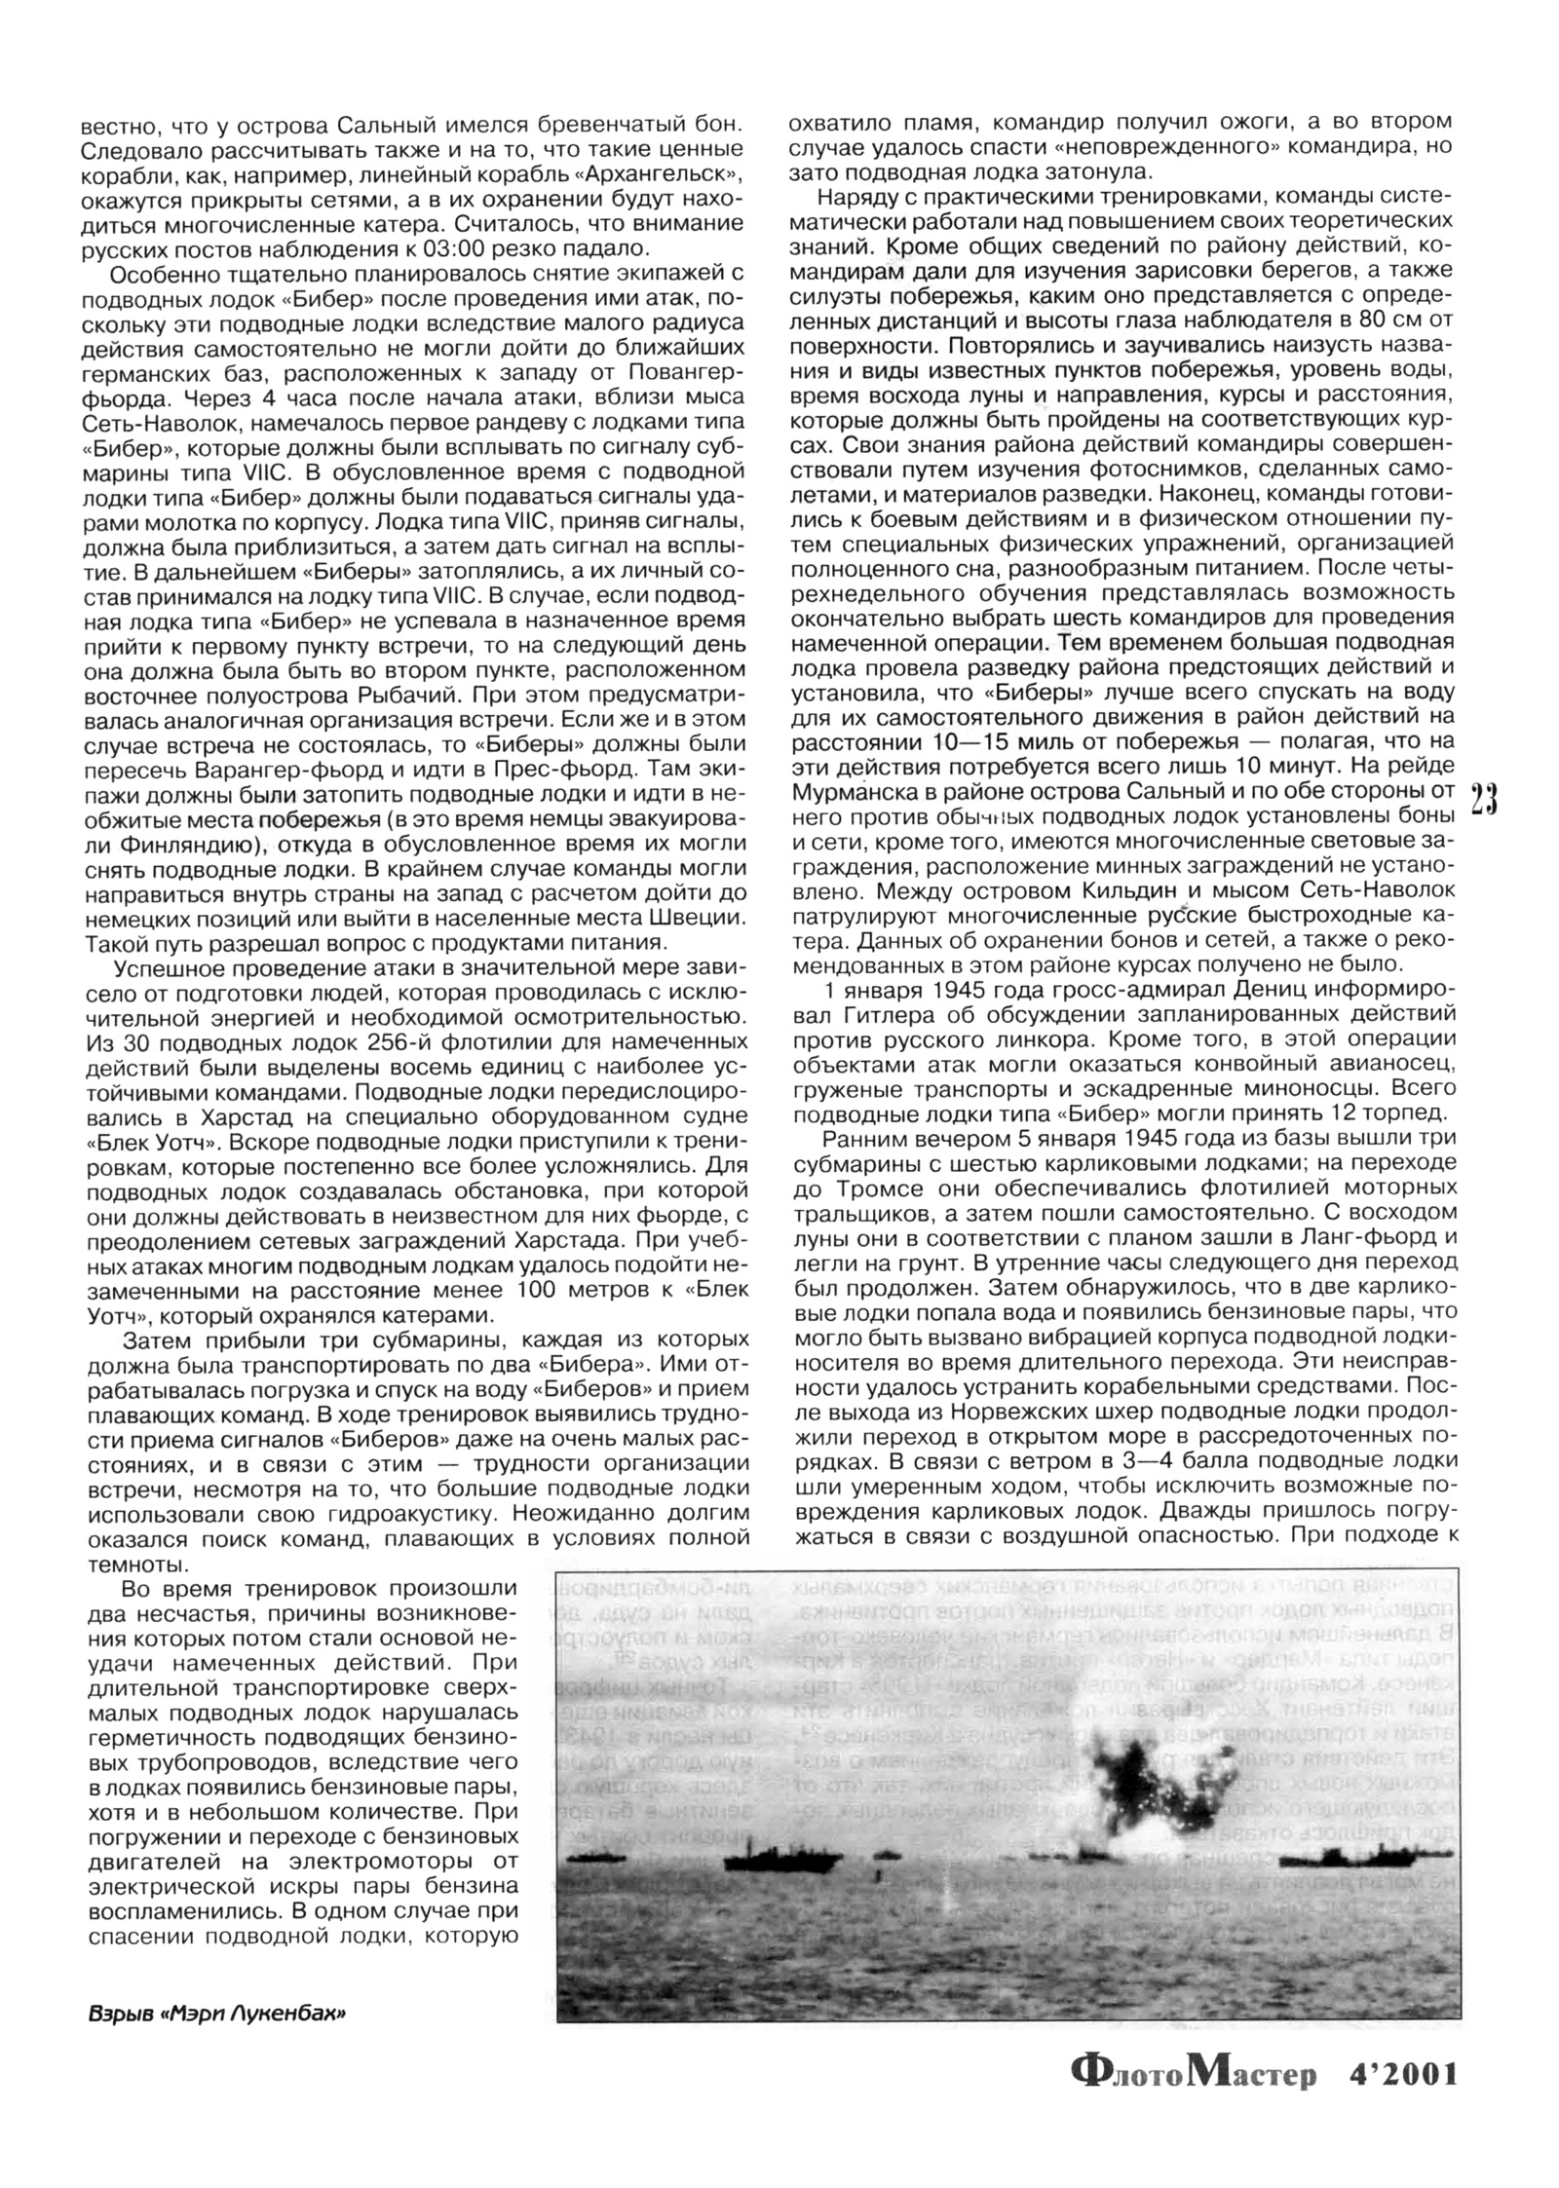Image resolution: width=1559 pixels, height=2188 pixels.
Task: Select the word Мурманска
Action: tap(859, 790)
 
